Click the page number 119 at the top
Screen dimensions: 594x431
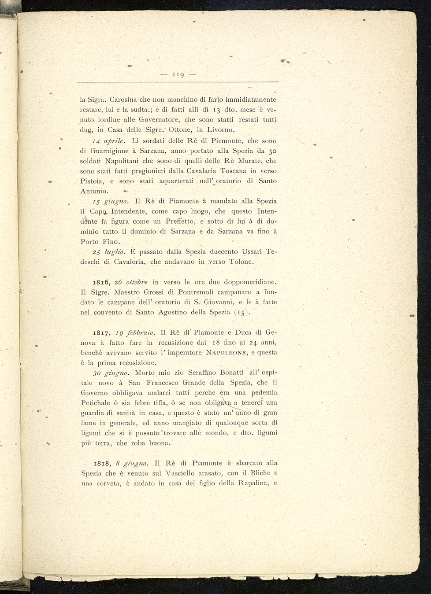tap(178, 74)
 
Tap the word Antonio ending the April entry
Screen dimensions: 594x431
tap(94, 191)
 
